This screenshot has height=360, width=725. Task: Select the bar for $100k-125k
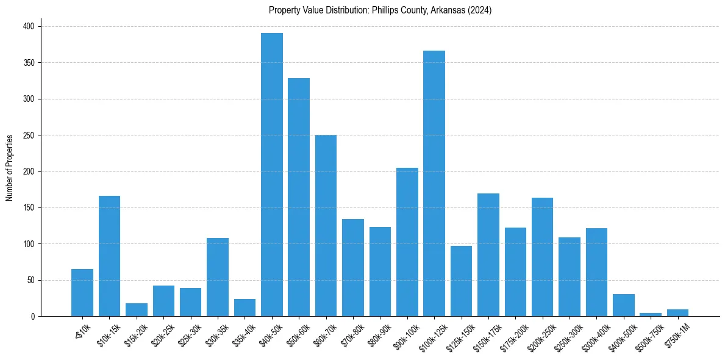point(434,183)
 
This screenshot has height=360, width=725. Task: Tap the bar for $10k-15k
point(110,256)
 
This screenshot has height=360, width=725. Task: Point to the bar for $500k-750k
point(651,314)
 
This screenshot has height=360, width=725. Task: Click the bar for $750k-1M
point(677,313)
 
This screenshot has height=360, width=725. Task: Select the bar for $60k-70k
point(326,226)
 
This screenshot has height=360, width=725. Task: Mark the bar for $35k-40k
point(245,308)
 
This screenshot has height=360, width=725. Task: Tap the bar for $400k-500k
point(624,305)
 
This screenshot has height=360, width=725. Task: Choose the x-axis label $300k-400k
point(595,335)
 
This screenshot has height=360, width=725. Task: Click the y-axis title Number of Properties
point(10,167)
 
